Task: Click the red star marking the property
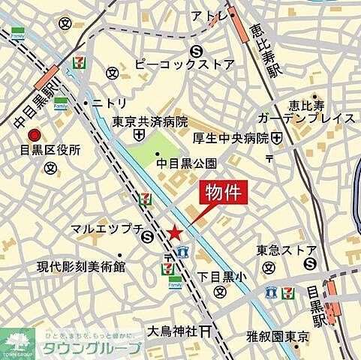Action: [x=175, y=232]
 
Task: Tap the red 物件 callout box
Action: [x=223, y=193]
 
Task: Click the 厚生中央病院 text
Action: [x=231, y=137]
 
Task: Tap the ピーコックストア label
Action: [x=184, y=65]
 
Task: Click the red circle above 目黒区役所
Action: [x=34, y=135]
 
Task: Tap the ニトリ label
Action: [x=110, y=103]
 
